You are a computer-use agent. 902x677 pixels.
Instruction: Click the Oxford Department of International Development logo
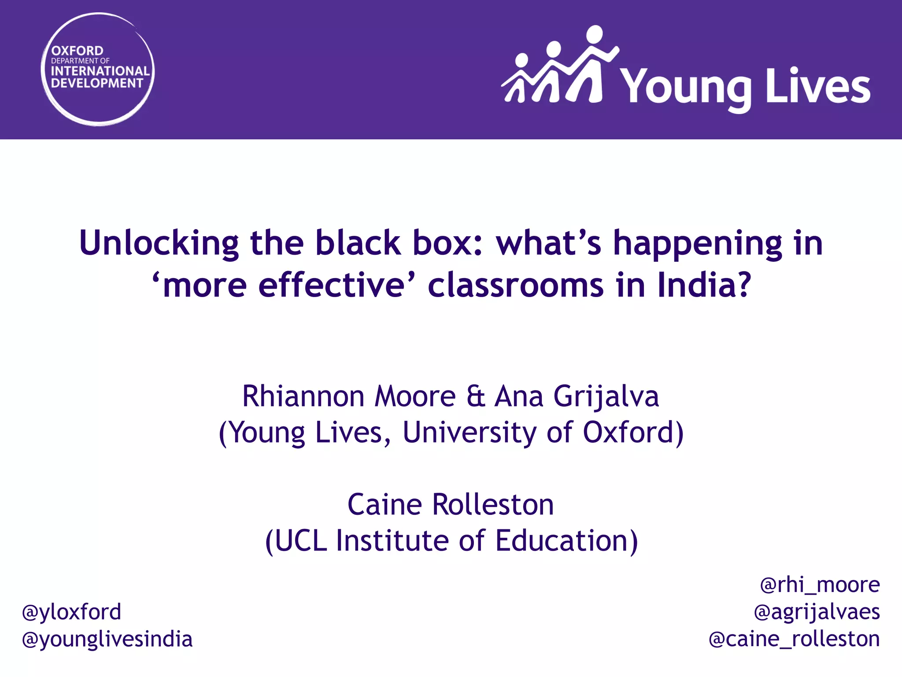(98, 69)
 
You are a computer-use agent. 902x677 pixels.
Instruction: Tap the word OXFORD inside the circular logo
(77, 51)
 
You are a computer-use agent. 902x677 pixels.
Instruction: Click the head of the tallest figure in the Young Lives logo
(594, 35)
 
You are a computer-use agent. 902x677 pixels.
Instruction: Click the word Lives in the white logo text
(818, 87)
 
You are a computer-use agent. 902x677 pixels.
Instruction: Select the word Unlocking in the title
(159, 243)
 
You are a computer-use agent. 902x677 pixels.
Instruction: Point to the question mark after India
(743, 285)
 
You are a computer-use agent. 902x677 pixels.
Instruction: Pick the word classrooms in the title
(516, 285)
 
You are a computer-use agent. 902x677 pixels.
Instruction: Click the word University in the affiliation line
(469, 432)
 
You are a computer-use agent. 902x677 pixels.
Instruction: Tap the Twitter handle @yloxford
(72, 612)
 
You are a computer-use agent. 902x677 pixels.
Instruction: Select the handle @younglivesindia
(107, 639)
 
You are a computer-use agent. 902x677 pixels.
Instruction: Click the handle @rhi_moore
(820, 585)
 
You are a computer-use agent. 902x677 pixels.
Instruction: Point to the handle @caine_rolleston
(794, 639)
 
